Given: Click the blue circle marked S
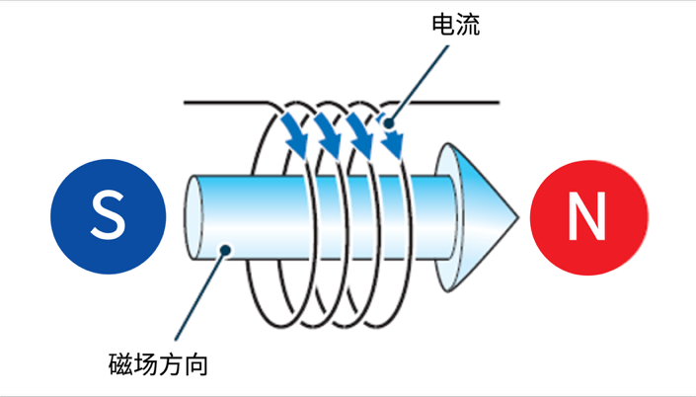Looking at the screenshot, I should (x=109, y=215).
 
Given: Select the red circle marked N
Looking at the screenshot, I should (x=588, y=215).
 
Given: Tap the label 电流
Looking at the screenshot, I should (x=455, y=25).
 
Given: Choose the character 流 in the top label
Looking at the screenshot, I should (x=468, y=25).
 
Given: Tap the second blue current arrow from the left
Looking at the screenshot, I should (x=326, y=136).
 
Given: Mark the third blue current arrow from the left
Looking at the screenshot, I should (x=359, y=136).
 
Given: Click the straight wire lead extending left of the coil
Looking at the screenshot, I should (x=222, y=101).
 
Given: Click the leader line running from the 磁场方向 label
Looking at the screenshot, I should (x=197, y=296).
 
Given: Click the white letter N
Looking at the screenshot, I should (x=588, y=215).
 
